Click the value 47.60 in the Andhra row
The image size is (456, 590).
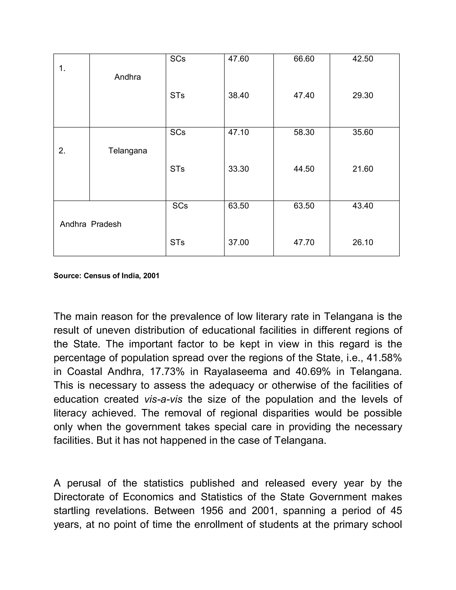point(238,59)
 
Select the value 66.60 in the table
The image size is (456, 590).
point(304,59)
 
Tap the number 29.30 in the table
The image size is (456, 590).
point(362,95)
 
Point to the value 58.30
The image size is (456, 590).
point(304,132)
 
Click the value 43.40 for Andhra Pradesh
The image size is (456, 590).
point(362,206)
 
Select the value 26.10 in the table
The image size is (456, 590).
point(362,242)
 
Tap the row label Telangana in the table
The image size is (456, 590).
point(128,151)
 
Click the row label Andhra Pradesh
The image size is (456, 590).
point(90,224)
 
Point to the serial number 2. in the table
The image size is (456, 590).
point(62,151)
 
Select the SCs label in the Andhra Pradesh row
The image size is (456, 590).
point(180,206)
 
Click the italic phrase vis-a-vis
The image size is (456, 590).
point(163,399)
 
